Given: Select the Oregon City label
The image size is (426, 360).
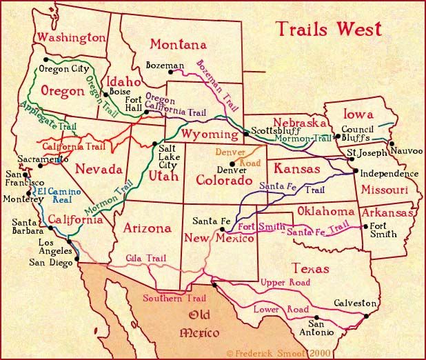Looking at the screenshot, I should click(64, 69).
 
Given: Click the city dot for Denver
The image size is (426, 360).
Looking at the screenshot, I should click(232, 163).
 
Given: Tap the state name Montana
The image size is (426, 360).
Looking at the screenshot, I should click(179, 45).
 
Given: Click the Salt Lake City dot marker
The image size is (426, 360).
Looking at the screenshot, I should click(154, 143).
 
